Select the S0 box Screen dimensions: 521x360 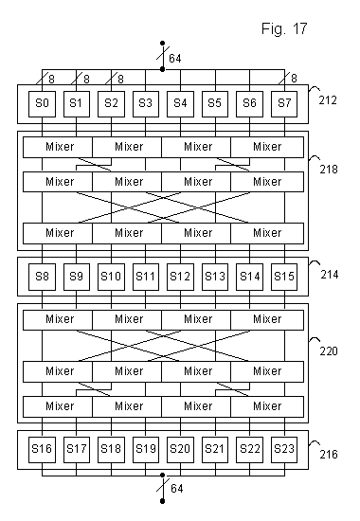point(43,101)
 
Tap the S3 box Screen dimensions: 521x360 point(145,101)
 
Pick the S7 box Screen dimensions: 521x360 point(282,101)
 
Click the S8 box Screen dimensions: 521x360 point(43,276)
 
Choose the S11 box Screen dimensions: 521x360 point(145,276)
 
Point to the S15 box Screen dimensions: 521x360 point(282,276)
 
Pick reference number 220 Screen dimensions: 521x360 point(329,350)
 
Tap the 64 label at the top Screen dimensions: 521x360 point(175,59)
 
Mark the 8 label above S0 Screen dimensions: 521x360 point(51,79)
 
